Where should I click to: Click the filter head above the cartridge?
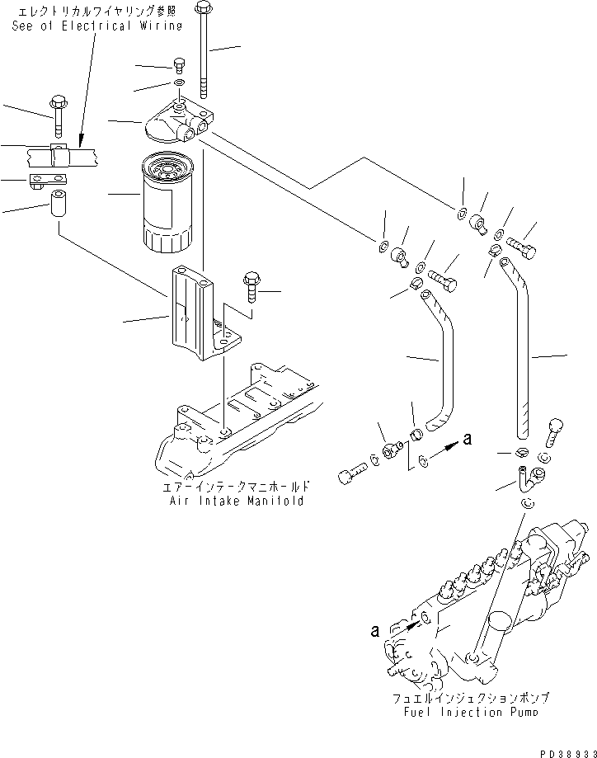tap(176, 125)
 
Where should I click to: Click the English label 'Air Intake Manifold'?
tap(236, 501)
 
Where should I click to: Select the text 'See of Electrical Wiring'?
tap(96, 26)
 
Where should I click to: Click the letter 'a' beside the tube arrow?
tap(468, 440)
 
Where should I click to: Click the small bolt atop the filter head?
tap(180, 66)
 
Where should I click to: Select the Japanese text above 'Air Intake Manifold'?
tap(236, 487)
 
